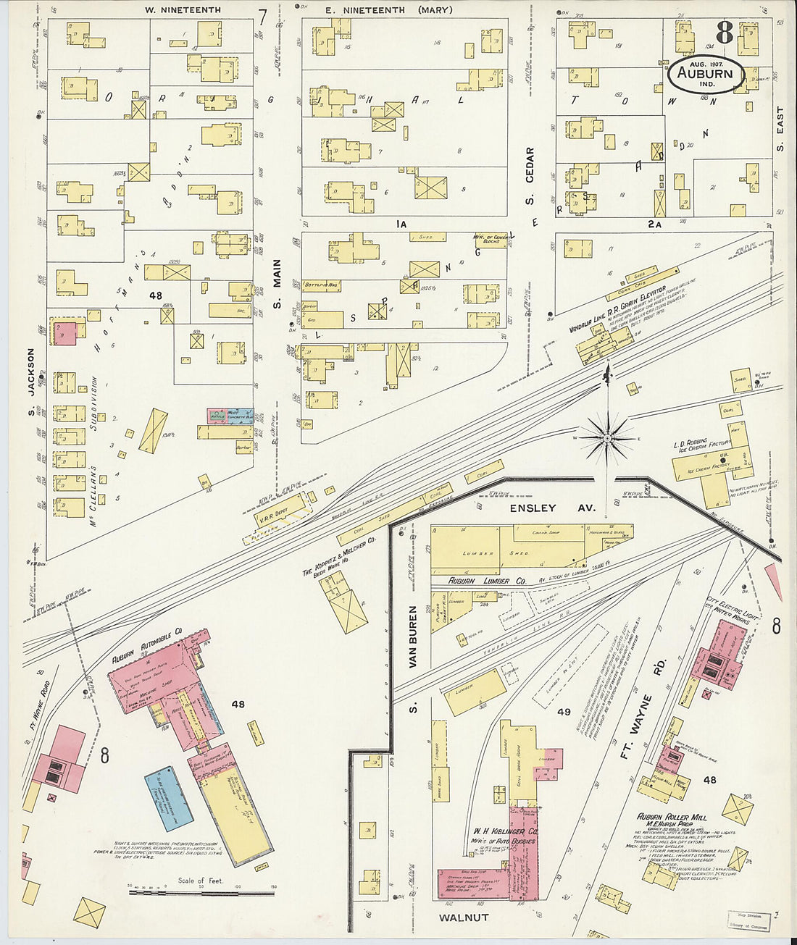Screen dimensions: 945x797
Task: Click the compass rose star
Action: click(607, 438)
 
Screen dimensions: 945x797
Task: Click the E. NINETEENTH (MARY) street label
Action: click(388, 10)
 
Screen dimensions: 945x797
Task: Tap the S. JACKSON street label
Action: click(31, 372)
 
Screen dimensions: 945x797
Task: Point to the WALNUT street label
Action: click(464, 917)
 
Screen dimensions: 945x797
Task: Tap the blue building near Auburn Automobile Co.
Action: click(169, 798)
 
